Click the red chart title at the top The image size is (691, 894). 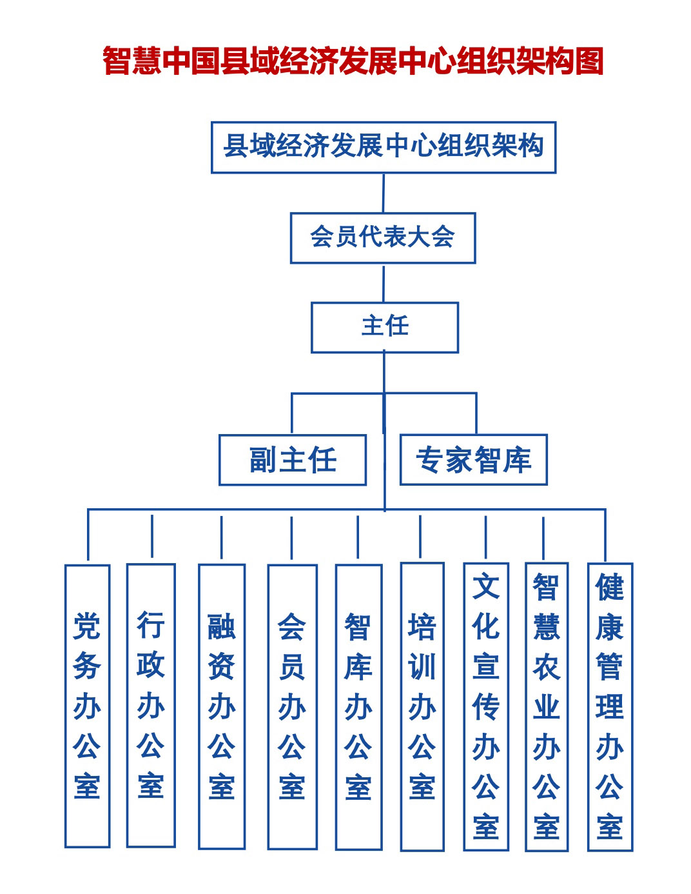coord(353,61)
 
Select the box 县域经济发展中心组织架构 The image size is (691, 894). coord(383,147)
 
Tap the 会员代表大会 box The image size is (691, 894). coord(382,237)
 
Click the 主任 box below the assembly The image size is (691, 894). coord(384,327)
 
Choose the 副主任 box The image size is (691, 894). coord(293,460)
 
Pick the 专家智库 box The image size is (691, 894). coord(473,460)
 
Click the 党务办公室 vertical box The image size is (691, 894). coord(87,706)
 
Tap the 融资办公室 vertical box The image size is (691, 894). coord(221,706)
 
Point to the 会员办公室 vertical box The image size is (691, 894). coord(292,706)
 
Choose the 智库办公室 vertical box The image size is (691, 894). coord(358,707)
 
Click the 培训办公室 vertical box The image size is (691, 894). coord(422,706)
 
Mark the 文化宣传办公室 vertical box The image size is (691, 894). coord(486,706)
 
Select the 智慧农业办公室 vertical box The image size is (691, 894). coord(547,706)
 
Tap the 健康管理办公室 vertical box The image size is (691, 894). coord(610,706)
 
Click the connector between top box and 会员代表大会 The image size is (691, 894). coord(384,193)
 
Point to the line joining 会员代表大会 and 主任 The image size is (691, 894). coord(384,283)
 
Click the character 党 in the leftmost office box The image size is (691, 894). coord(87,626)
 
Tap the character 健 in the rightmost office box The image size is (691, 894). coord(610,587)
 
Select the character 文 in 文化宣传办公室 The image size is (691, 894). coord(486,587)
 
